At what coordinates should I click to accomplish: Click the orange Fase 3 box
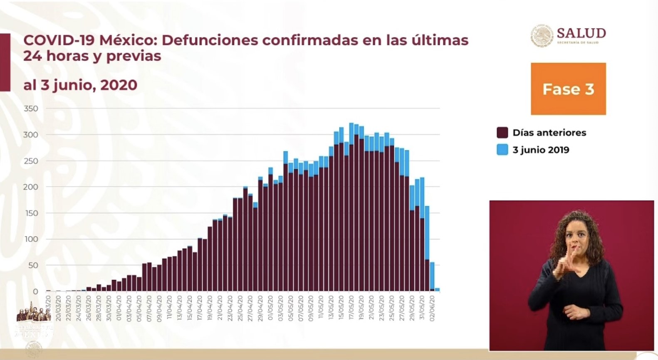568,89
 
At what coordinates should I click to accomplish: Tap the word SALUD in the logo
581,33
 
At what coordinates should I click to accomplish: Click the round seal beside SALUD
542,36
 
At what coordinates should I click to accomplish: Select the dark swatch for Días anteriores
502,133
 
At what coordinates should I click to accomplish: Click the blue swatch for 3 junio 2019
502,150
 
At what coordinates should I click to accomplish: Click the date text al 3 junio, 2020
80,85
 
